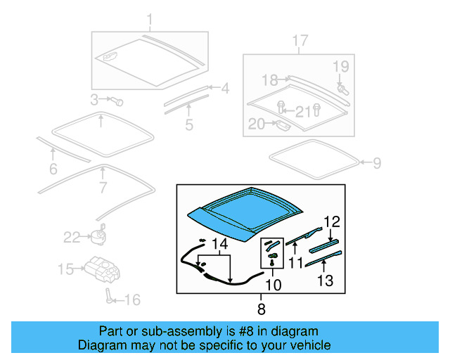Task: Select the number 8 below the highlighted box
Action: click(262, 309)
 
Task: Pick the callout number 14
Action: click(220, 244)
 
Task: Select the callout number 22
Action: click(72, 237)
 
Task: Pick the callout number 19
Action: click(340, 67)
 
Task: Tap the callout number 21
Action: click(302, 110)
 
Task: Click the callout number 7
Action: click(103, 188)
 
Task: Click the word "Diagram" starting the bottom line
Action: click(101, 345)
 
